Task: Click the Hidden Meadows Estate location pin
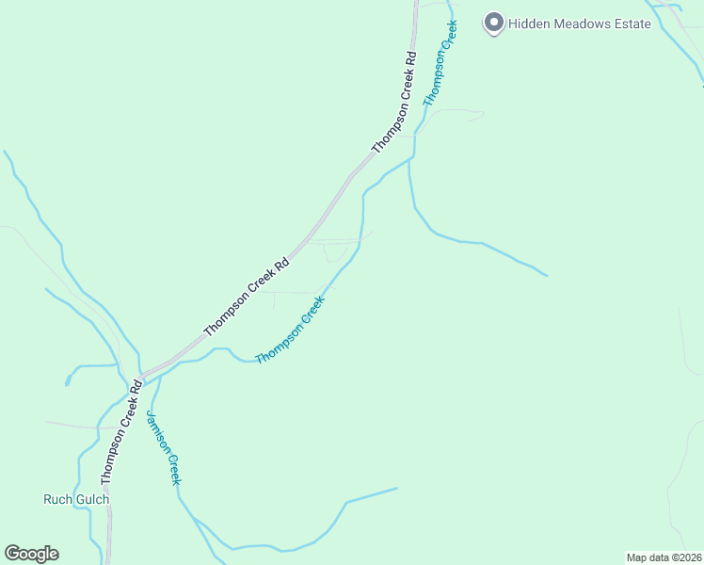click(x=493, y=23)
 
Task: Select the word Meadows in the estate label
click(x=584, y=24)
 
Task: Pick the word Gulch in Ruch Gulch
click(x=92, y=499)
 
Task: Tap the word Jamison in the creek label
click(x=157, y=432)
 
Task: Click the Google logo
click(x=31, y=554)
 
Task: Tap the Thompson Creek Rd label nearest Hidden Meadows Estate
click(x=394, y=104)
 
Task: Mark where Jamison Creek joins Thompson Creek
click(x=159, y=376)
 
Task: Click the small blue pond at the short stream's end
click(x=68, y=380)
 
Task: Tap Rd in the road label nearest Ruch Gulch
click(x=136, y=386)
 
